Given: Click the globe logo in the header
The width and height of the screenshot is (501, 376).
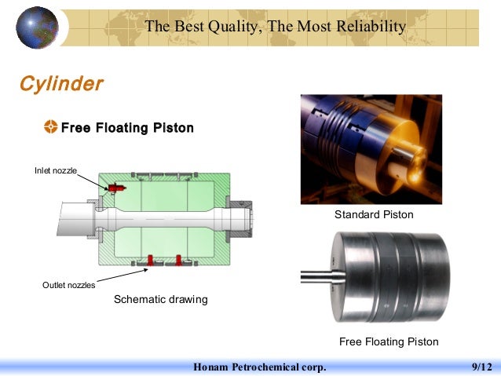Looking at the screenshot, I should [38, 27].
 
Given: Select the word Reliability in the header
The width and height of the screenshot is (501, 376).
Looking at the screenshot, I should [368, 27].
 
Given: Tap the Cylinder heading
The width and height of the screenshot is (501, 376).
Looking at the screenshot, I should [61, 83].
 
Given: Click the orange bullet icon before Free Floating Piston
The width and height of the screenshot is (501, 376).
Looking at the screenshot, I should [51, 127].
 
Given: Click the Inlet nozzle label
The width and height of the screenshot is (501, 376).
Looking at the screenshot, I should [55, 170].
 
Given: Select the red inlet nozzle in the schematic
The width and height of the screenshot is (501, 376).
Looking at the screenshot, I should [119, 188].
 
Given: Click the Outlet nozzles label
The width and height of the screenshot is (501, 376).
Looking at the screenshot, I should [68, 285].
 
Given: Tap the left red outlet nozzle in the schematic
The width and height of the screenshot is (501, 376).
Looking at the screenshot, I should [149, 259].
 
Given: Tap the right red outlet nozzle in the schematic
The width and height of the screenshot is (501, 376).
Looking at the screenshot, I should [180, 259].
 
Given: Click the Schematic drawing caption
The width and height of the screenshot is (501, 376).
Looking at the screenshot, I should [161, 299].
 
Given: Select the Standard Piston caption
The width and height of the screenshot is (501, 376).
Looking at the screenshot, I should [374, 214].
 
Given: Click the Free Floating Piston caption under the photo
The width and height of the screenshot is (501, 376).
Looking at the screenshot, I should [389, 341].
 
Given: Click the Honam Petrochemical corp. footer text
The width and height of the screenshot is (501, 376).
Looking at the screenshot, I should [260, 367].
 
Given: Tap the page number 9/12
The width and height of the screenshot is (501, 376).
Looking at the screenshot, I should [481, 367].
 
